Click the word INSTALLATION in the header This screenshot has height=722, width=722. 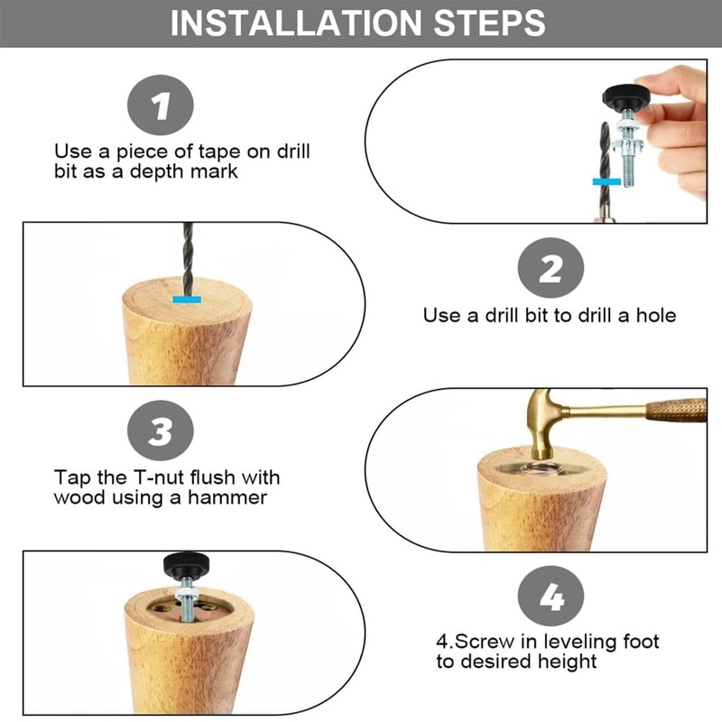coord(296,23)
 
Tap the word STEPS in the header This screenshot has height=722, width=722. coord(489,23)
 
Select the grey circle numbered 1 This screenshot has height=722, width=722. coord(161,105)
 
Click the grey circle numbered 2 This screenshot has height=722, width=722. coord(551,268)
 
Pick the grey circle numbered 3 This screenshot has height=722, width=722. coord(161,430)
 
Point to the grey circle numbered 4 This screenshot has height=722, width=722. coord(551,597)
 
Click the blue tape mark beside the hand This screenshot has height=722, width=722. coord(606,182)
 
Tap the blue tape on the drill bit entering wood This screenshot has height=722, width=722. coord(187,300)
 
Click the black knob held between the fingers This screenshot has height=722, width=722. coord(626,96)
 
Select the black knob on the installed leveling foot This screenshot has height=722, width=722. coord(187,565)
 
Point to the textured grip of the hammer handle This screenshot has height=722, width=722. coord(676,411)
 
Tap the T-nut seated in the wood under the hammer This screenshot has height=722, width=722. coord(542,469)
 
